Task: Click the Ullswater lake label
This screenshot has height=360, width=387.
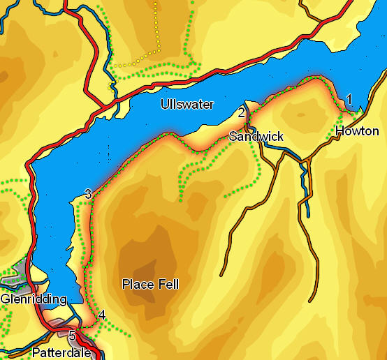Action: coord(187,105)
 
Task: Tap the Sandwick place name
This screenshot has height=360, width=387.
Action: coord(256,136)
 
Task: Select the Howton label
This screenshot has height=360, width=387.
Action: coord(357,131)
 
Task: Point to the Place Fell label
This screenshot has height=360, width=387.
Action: coord(150,284)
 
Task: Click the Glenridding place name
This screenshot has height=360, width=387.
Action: coord(34,299)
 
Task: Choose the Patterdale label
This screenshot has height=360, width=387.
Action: coord(61,352)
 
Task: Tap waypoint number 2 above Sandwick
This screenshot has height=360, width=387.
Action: coord(242,112)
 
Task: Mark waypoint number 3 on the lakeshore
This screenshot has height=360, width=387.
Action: coord(88,194)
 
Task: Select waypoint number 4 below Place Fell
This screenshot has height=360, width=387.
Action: coord(102,315)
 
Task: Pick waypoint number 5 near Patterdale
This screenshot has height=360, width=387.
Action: coord(72,336)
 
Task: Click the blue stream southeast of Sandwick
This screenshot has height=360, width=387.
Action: coord(305,188)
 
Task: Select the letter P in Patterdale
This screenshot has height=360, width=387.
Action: coord(36,352)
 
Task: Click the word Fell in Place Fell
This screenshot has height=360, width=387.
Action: coord(168,284)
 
